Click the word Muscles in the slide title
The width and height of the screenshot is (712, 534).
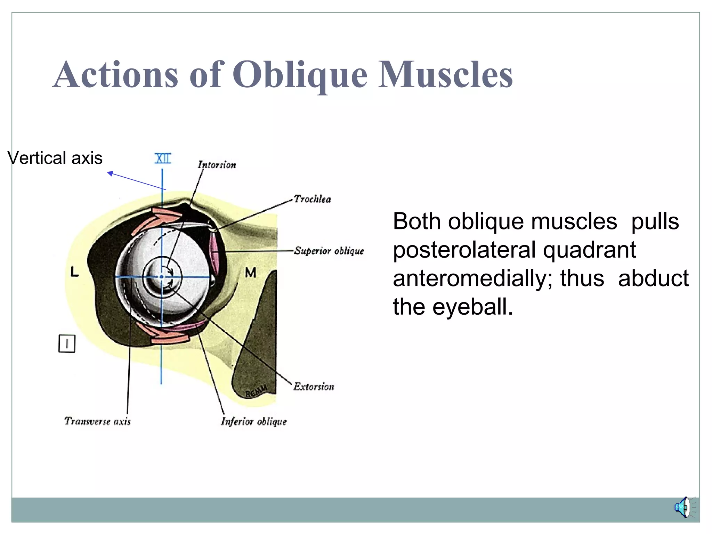point(445,74)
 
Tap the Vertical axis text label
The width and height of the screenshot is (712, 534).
point(55,158)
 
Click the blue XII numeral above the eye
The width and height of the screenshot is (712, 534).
point(162,159)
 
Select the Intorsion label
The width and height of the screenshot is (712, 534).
point(217,165)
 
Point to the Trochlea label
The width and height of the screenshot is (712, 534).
point(312,199)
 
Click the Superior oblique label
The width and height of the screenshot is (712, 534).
point(329,251)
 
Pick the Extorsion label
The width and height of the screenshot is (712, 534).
point(314,387)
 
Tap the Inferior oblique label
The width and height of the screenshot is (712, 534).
point(254,422)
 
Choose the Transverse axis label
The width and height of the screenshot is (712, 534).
point(98,421)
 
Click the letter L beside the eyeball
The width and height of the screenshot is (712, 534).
point(75,272)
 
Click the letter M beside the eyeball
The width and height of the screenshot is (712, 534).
point(250,273)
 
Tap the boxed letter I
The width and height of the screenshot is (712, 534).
point(67,344)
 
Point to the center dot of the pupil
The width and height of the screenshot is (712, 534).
point(161,277)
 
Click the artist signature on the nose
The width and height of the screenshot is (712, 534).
point(256,391)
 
